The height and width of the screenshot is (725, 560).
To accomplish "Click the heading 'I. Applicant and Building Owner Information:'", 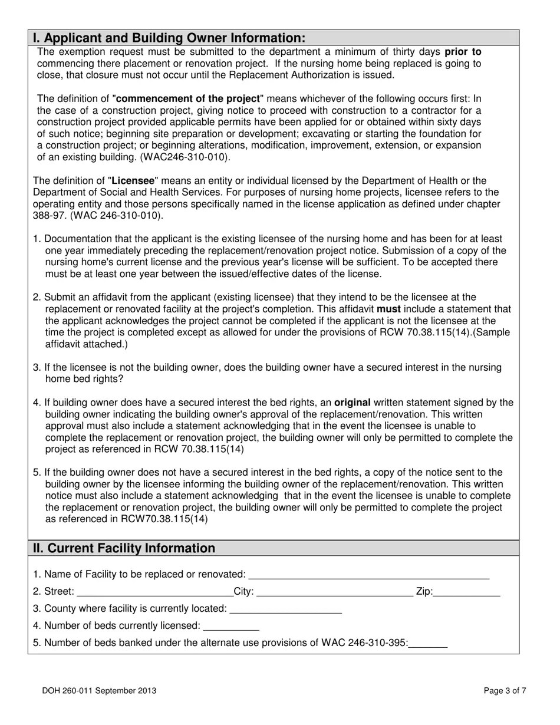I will pyautogui.click(x=169, y=38).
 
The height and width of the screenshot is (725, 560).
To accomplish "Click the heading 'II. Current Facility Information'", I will pyautogui.click(x=124, y=548).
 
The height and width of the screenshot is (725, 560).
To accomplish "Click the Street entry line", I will pyautogui.click(x=154, y=592).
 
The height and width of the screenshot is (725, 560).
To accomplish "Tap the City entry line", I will pyautogui.click(x=335, y=592).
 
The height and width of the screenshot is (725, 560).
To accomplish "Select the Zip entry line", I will pyautogui.click(x=467, y=592).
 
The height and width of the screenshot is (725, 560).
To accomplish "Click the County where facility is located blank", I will pyautogui.click(x=285, y=609).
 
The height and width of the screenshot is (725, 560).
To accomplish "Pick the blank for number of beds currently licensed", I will pyautogui.click(x=231, y=627).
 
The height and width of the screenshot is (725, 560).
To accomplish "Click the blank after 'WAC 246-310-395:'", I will pyautogui.click(x=428, y=644).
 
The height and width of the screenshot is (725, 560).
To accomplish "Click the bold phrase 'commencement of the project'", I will pyautogui.click(x=188, y=99).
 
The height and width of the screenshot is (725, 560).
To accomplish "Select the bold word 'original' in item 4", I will pyautogui.click(x=353, y=403).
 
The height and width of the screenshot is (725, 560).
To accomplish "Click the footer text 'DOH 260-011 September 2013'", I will pyautogui.click(x=99, y=691).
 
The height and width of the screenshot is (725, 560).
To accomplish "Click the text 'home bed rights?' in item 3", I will pyautogui.click(x=84, y=379).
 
